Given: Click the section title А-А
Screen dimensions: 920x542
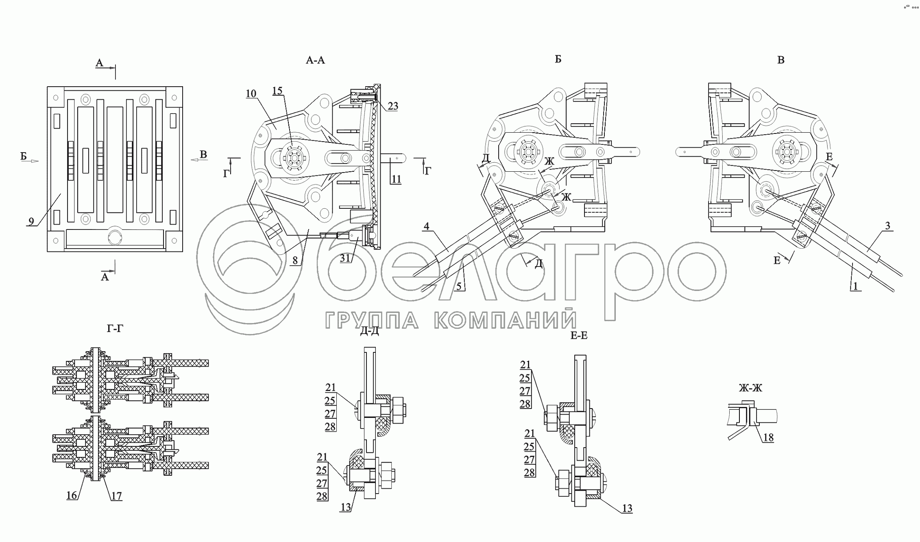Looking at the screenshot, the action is coord(315,61).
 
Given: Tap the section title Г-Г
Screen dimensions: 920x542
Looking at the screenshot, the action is coord(115,328).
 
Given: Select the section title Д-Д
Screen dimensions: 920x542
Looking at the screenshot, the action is coord(369,331).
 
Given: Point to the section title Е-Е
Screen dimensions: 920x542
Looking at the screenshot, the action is coord(579,335).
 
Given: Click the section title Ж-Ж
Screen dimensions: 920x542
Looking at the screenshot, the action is coord(750,388).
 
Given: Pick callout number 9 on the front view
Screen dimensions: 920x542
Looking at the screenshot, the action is coord(31,222).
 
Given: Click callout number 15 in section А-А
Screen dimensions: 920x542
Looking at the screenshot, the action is coord(277,91).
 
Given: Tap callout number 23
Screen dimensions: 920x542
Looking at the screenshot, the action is coord(392,106).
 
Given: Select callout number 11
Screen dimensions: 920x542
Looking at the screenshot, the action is coord(396,179).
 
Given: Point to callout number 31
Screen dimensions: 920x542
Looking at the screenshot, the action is coord(345,258).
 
